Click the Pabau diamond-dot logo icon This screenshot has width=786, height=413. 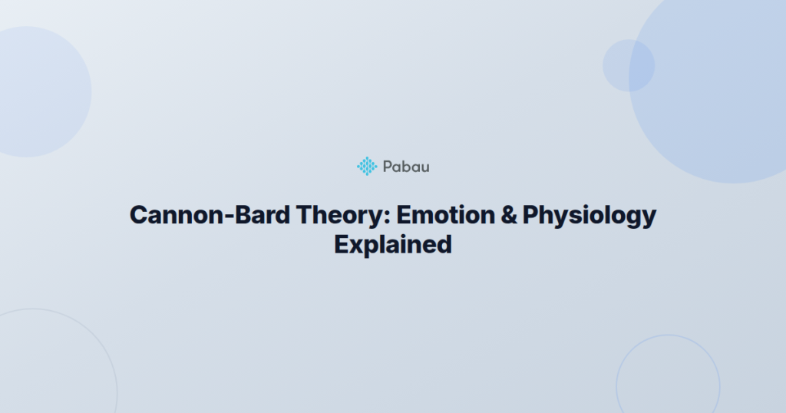pyautogui.click(x=367, y=166)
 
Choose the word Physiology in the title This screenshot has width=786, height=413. pyautogui.click(x=589, y=216)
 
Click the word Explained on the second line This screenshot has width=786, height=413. pyautogui.click(x=392, y=245)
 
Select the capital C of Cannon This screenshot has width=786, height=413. pyautogui.click(x=138, y=215)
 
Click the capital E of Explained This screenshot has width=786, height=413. pyautogui.click(x=342, y=245)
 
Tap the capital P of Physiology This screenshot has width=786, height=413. pyautogui.click(x=531, y=215)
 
